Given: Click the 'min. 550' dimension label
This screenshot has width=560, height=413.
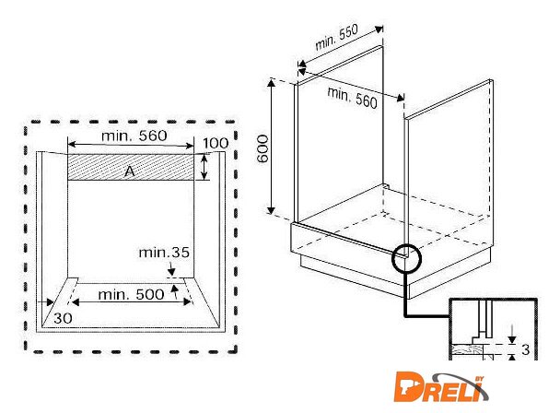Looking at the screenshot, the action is coord(336,37).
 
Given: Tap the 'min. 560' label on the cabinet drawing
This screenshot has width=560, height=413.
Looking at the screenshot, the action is coord(352,98).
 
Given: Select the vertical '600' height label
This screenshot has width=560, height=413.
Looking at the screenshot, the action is coord(262,148).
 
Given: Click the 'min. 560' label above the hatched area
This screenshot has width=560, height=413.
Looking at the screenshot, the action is coord(134,136).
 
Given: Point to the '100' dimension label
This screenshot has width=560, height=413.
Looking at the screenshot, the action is coord(216,143).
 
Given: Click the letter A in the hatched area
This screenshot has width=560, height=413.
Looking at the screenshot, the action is coord(129,171).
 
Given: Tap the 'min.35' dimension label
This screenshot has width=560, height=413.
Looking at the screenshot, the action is coord(164,253).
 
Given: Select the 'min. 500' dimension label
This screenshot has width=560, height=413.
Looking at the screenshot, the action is coord(131,295).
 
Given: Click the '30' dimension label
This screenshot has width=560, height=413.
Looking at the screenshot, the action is coord(63,318).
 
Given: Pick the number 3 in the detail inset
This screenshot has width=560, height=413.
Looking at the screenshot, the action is coord(525,349).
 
